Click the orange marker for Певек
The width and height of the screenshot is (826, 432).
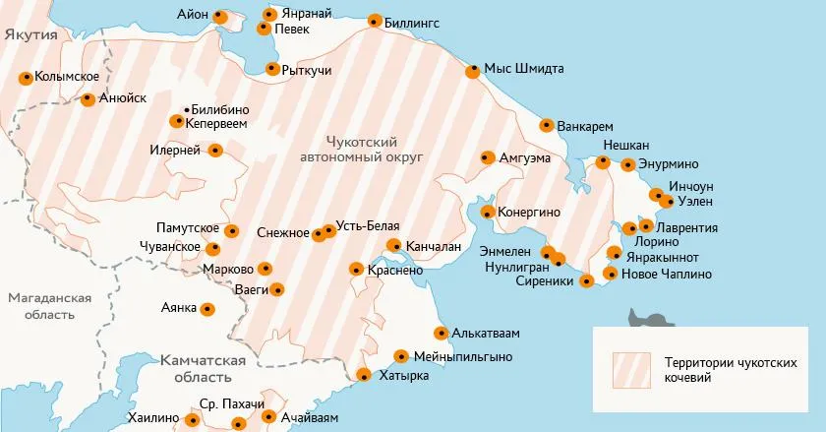tap(264, 29)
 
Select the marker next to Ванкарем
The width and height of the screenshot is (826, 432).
tap(547, 125)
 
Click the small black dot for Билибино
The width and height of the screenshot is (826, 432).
tap(186, 109)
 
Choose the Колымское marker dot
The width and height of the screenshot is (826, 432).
tap(26, 78)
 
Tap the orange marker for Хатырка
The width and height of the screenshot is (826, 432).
tap(363, 375)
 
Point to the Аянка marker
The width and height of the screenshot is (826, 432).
tap(207, 309)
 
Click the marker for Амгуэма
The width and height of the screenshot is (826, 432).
tap(487, 157)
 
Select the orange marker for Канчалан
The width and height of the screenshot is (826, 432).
tap(394, 246)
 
